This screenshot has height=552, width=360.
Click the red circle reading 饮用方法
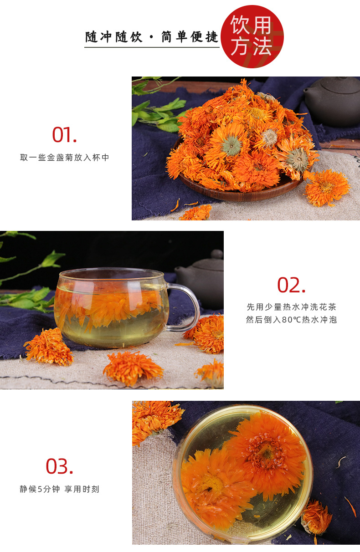click(252, 36)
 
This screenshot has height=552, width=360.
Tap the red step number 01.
click(64, 134)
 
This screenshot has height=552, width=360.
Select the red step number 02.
click(291, 285)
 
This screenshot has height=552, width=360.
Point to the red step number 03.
click(59, 466)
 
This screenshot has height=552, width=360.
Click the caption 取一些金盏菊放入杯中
click(64, 158)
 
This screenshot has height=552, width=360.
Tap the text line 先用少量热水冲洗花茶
click(292, 307)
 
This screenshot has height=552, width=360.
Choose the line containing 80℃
click(292, 320)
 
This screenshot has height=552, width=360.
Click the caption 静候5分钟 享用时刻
click(59, 489)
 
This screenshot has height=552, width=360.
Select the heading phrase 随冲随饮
click(113, 37)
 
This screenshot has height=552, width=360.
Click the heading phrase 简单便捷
click(190, 37)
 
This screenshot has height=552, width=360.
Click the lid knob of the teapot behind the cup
click(217, 254)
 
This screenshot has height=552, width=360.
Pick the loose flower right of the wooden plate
click(327, 188)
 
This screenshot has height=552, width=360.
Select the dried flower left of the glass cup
click(49, 346)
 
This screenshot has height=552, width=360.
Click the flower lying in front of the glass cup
click(133, 368)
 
